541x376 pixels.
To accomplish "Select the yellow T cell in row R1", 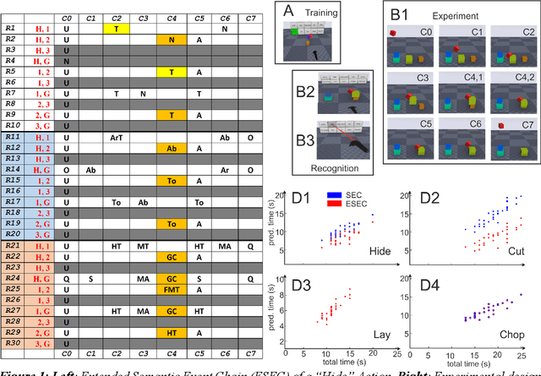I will coord(116,28).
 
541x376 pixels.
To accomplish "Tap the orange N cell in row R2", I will coord(171,40).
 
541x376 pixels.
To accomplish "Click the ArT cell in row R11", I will coord(116,137).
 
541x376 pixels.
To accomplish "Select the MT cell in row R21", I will coord(143,245).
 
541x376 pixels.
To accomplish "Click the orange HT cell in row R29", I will coord(171,332).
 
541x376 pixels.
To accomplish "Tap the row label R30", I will coord(12,343).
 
